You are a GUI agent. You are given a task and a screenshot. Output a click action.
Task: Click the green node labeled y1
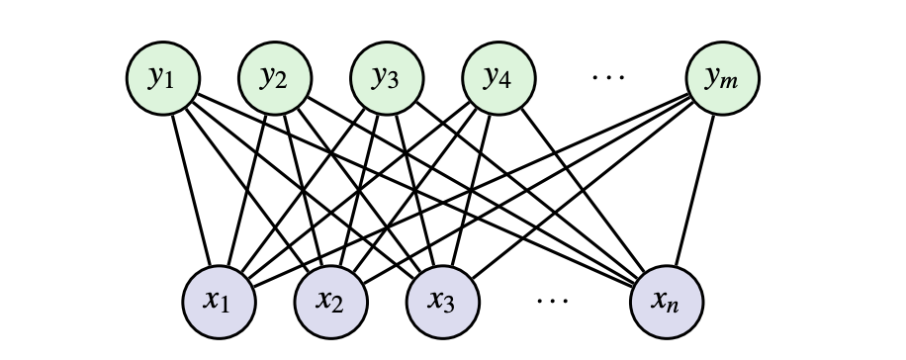click(161, 78)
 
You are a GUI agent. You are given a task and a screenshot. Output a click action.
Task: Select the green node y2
click(274, 78)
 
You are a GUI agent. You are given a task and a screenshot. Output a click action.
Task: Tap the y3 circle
click(387, 78)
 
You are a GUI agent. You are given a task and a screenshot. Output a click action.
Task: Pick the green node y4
click(499, 78)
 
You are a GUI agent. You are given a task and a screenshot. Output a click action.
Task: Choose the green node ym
click(725, 78)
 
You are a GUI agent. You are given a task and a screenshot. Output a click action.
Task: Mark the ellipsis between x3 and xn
click(551, 298)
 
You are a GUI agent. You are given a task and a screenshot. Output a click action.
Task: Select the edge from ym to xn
click(696, 189)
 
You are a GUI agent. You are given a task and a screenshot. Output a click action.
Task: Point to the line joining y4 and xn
click(584, 189)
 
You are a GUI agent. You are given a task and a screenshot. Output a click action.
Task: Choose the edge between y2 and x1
click(246, 189)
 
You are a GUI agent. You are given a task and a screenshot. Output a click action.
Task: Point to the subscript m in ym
click(734, 84)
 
